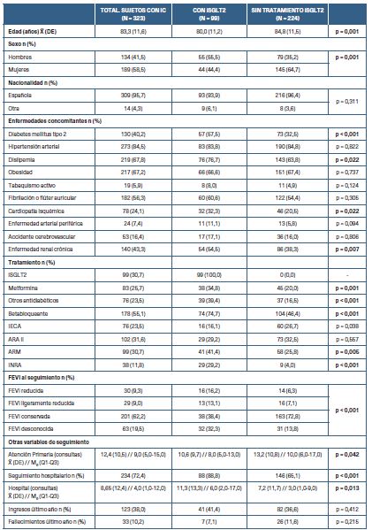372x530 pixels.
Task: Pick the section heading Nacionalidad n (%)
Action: (37, 82)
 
